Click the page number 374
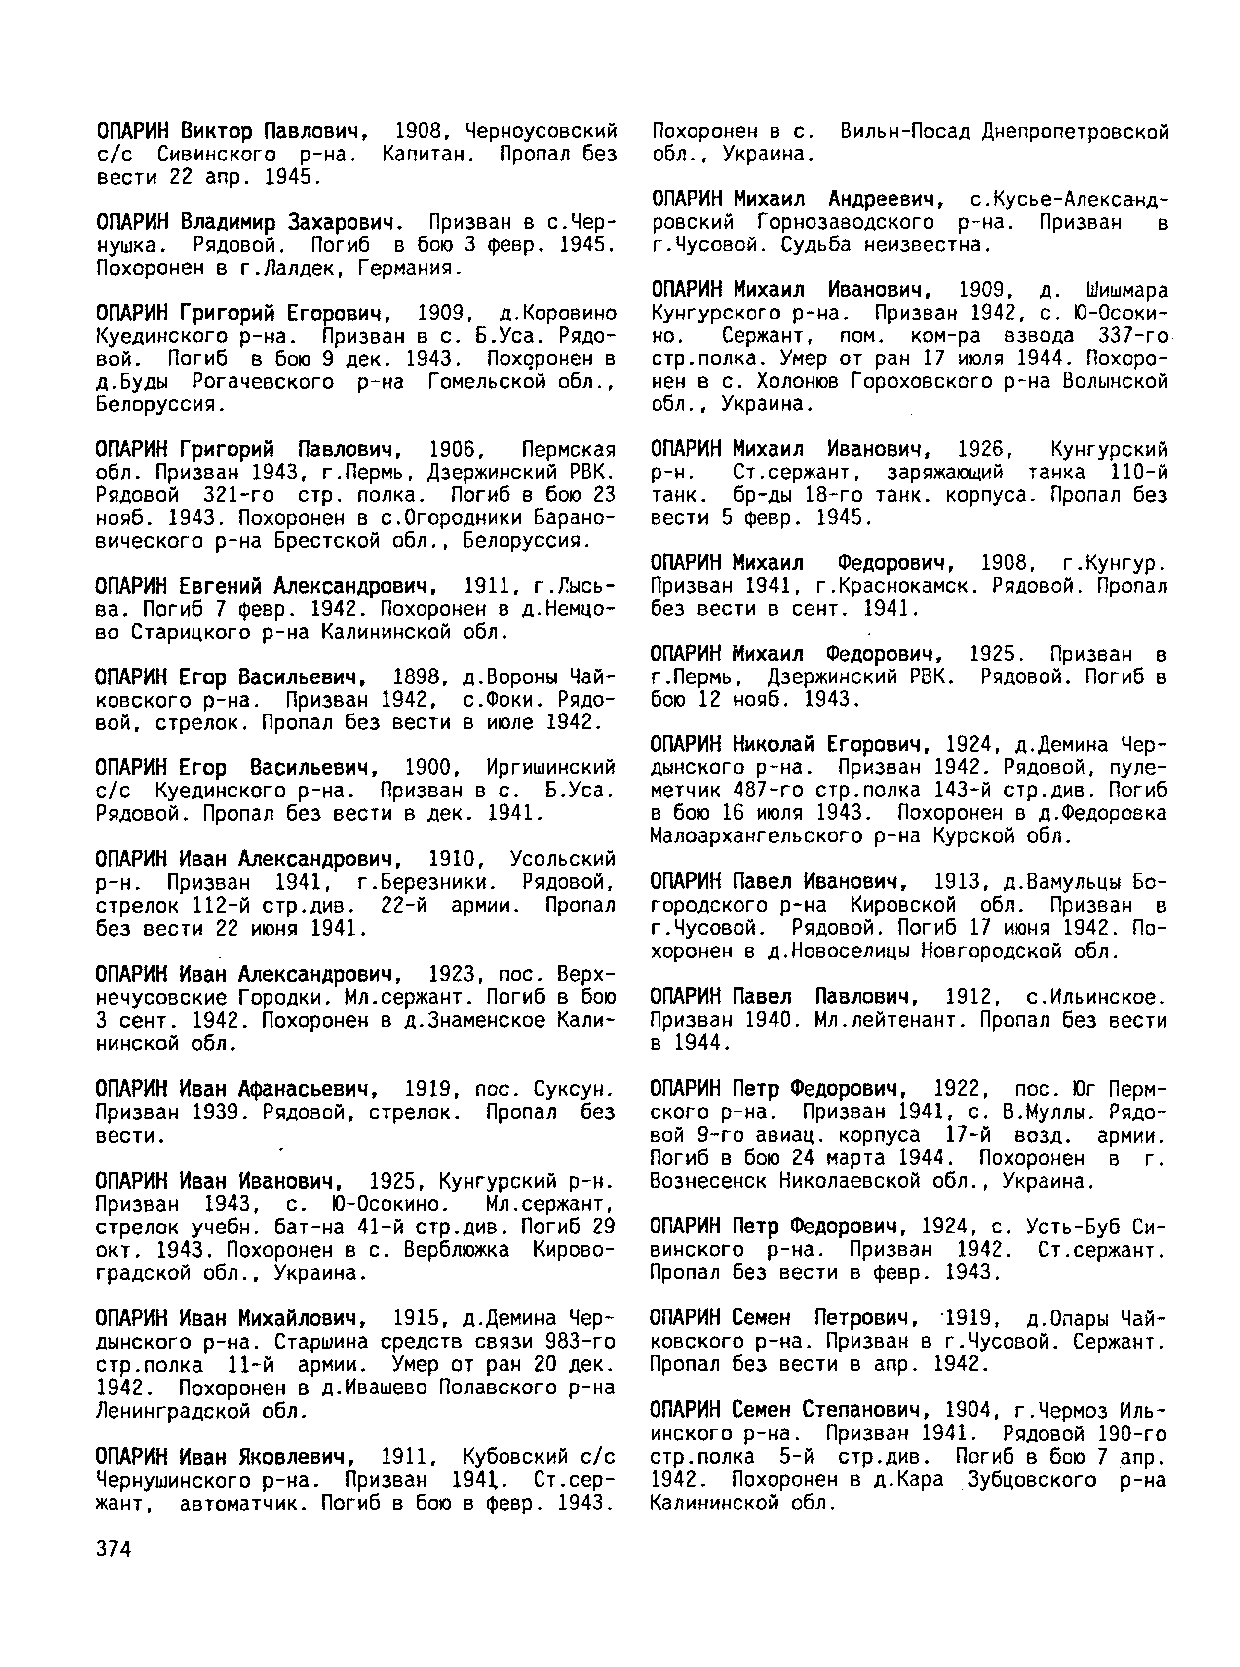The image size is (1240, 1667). [x=114, y=1548]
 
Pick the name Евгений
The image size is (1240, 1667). [x=222, y=587]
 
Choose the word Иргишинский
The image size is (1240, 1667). [x=551, y=768]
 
